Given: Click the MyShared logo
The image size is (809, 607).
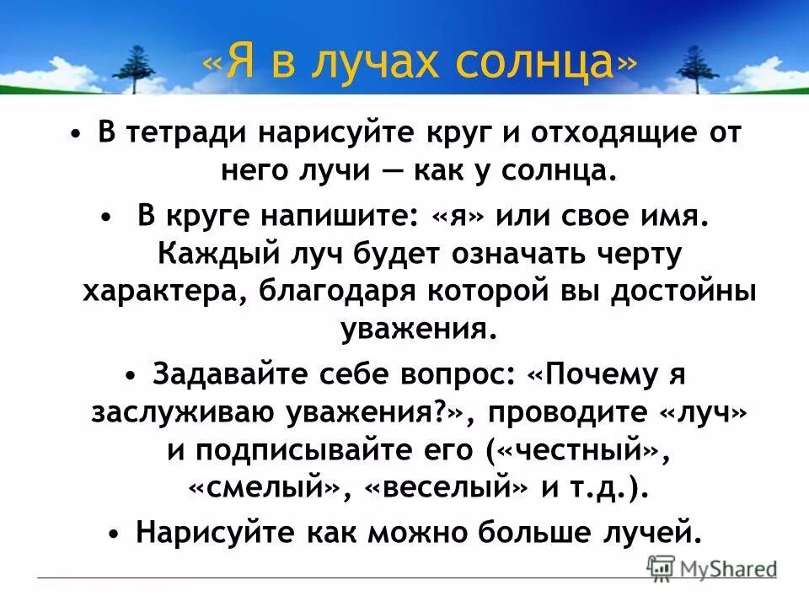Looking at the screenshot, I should (x=712, y=567).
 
